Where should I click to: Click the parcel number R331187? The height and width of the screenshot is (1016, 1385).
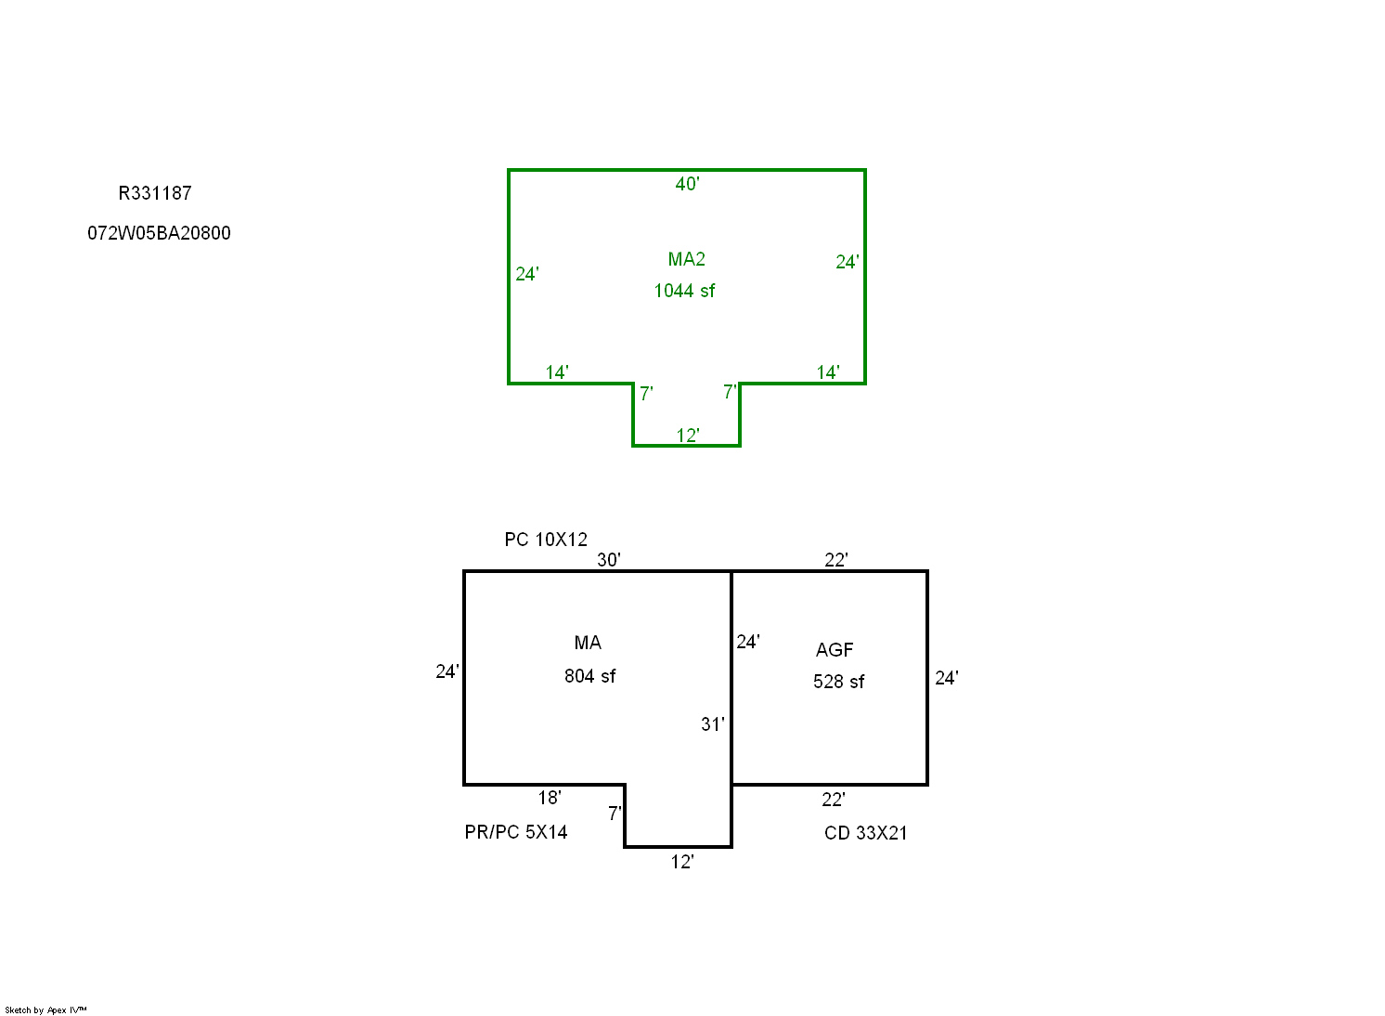click(155, 194)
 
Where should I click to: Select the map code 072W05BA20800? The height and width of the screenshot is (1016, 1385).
click(159, 233)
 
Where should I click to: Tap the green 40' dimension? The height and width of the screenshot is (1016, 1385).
click(687, 184)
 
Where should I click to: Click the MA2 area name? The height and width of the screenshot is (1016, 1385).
click(686, 259)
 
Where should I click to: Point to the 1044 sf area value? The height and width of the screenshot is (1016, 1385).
click(684, 291)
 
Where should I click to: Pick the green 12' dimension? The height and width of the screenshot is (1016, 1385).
click(688, 436)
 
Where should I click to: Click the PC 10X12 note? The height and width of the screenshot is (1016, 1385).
click(546, 540)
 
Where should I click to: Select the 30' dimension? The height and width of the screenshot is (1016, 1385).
click(608, 560)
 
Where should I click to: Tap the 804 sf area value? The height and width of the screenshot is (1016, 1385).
click(589, 676)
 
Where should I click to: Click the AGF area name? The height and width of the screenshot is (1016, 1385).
click(835, 650)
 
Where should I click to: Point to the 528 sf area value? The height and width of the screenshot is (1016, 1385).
click(838, 682)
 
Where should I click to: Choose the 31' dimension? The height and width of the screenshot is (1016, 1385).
click(712, 724)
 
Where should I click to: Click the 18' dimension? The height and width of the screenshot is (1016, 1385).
click(549, 798)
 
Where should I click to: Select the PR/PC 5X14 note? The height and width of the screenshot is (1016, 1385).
click(516, 832)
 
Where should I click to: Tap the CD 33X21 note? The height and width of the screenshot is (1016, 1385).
click(865, 833)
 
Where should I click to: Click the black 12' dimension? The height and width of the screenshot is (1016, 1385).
click(682, 862)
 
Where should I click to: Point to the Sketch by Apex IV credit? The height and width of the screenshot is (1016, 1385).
click(45, 1010)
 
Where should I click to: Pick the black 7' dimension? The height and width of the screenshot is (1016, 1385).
click(614, 814)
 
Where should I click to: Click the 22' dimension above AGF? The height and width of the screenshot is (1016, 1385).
click(836, 560)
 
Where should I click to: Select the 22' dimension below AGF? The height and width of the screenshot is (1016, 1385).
click(833, 800)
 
